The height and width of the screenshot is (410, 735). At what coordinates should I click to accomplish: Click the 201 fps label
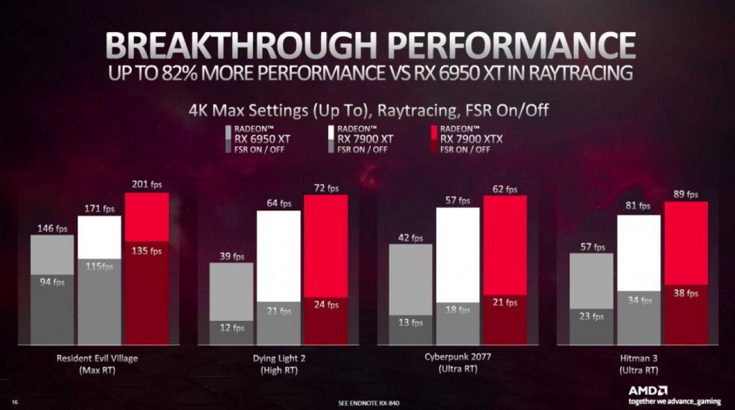147,185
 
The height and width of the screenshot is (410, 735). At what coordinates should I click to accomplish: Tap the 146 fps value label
52,228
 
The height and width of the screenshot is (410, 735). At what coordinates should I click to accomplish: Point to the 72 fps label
326,187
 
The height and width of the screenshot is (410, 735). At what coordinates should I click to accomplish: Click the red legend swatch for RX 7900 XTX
434,132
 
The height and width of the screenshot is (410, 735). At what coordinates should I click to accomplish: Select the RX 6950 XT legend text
262,138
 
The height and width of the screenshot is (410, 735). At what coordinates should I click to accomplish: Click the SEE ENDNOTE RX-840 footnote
367,403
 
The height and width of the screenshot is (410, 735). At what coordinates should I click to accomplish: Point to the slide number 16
14,403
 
